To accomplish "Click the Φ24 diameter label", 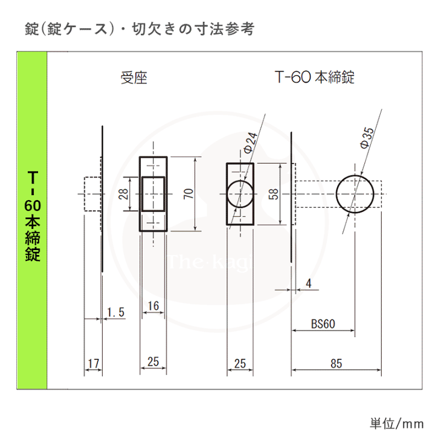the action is pos(251,143).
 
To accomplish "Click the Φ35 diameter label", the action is pos(367,138).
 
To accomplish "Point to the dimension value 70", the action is pos(188,193).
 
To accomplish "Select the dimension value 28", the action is pos(123,194).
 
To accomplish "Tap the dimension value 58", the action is pos(273,194).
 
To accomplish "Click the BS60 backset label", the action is pos(323,324).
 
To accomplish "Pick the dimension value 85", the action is pos(337,364).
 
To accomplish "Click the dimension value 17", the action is pos(94,364).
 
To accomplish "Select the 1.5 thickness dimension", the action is pos(115,312).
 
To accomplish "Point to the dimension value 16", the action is pos(153,306).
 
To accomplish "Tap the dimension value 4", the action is pos(309,283).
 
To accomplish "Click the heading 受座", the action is pos(134,78).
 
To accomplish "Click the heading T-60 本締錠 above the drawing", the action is pos(315,77).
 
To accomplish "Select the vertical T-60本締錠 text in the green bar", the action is pos(33,216).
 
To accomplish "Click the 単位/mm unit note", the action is pos(397,424).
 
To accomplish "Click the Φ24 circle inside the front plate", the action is pos(227,194).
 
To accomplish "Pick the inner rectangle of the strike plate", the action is pos(142,194).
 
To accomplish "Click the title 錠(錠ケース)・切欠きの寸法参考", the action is pos(140,29).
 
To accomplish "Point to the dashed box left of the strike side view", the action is pos(85,194).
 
